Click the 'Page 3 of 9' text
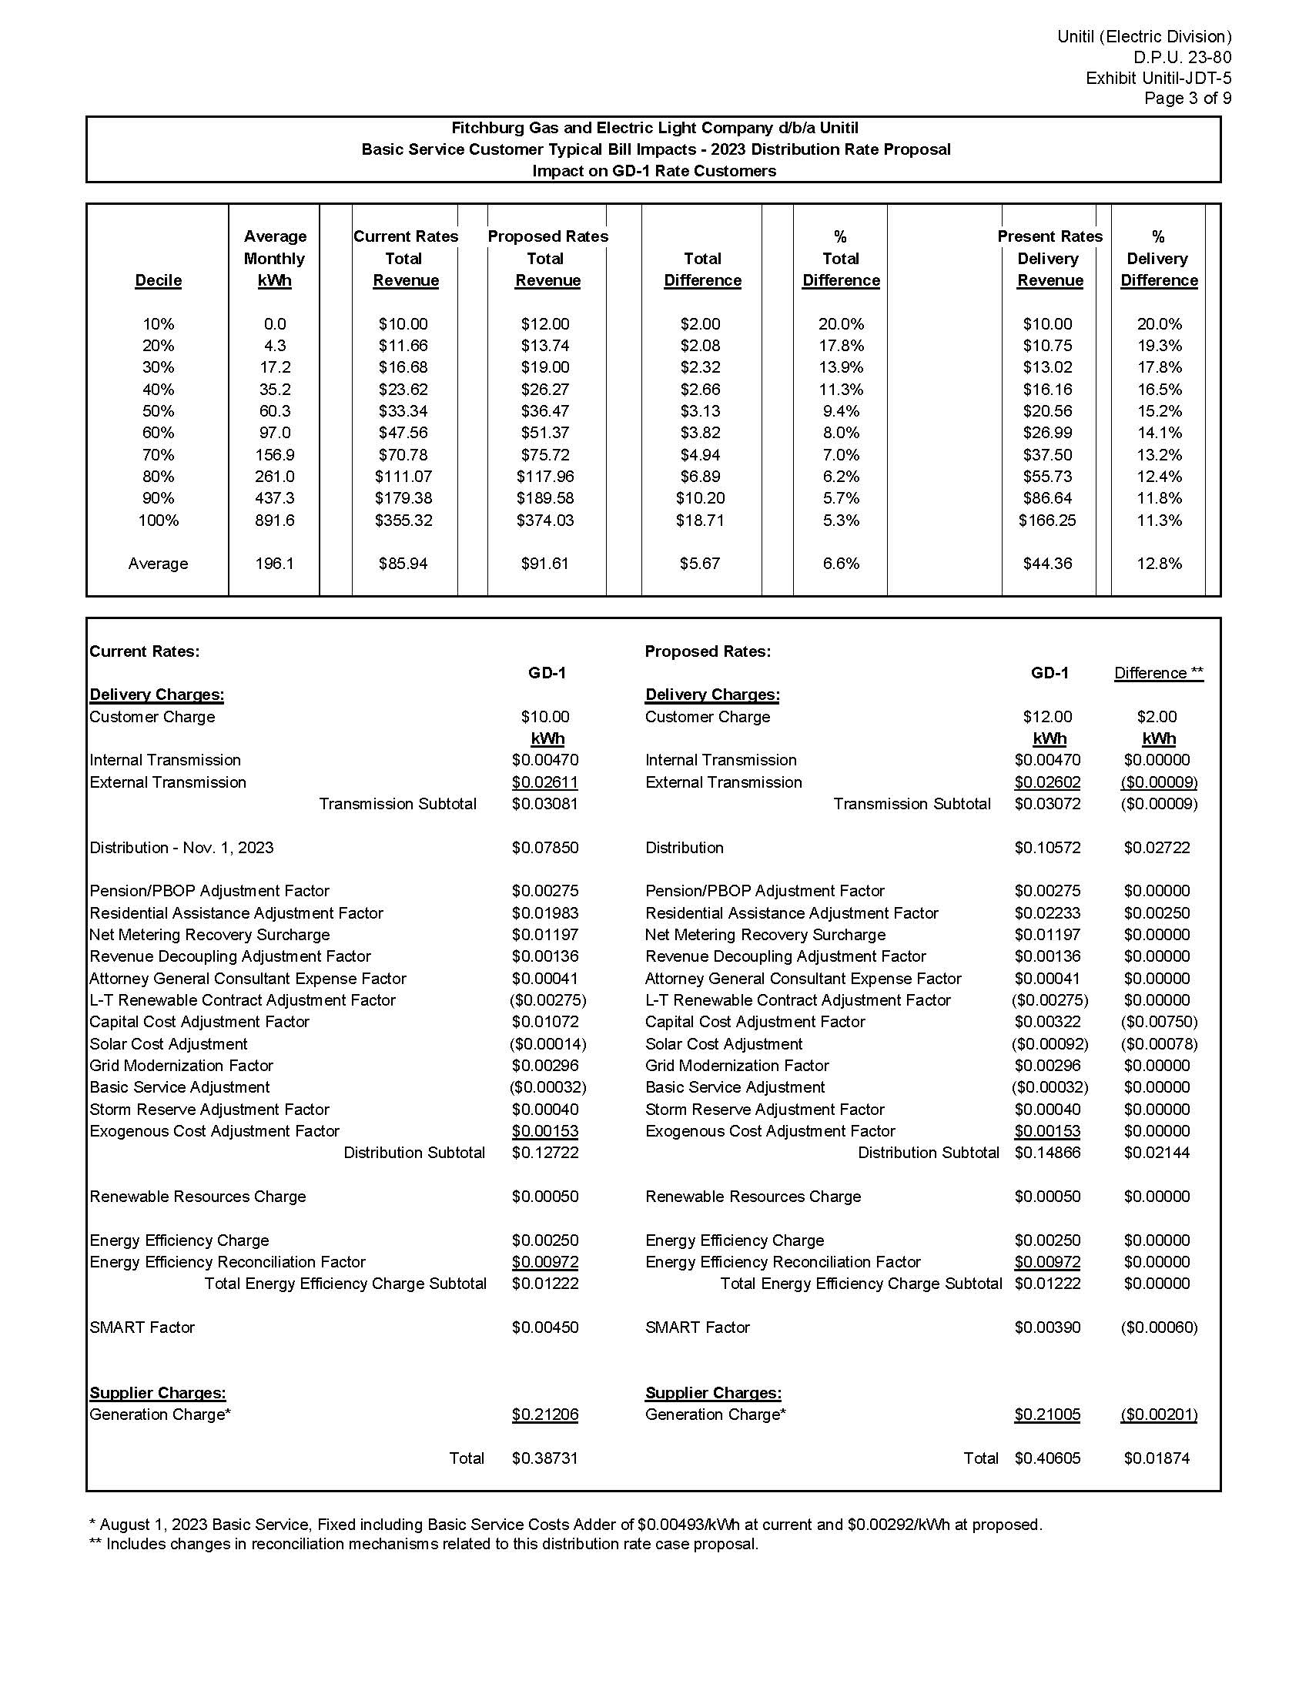pyautogui.click(x=1187, y=99)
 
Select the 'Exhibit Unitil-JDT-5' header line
pyautogui.click(x=1158, y=79)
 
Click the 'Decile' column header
pyautogui.click(x=158, y=281)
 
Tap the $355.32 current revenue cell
pyautogui.click(x=403, y=521)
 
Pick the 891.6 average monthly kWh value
pyautogui.click(x=275, y=521)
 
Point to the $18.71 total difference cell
pyautogui.click(x=700, y=521)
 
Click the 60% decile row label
pyautogui.click(x=158, y=433)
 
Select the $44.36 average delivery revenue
pyautogui.click(x=1047, y=564)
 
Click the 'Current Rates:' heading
pyautogui.click(x=144, y=651)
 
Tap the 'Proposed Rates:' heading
pyautogui.click(x=707, y=651)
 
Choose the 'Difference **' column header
pyautogui.click(x=1159, y=673)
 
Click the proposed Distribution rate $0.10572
pyautogui.click(x=1047, y=848)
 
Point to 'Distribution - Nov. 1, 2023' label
pyautogui.click(x=182, y=848)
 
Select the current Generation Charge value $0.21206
pyautogui.click(x=545, y=1414)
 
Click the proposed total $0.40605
pyautogui.click(x=1047, y=1458)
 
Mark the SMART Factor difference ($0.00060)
pyautogui.click(x=1159, y=1327)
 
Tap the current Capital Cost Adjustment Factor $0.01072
pyautogui.click(x=545, y=1023)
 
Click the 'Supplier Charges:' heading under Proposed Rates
pyautogui.click(x=713, y=1393)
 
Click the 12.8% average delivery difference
pyautogui.click(x=1159, y=564)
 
